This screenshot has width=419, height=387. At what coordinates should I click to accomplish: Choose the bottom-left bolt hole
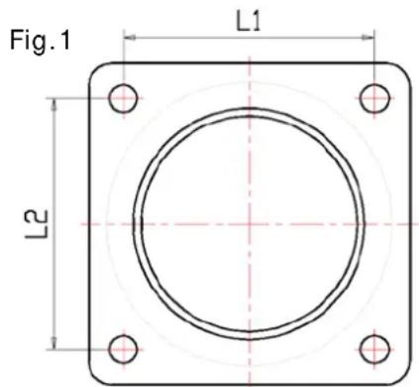tap(122, 348)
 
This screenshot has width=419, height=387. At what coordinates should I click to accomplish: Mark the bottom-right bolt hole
tap(373, 348)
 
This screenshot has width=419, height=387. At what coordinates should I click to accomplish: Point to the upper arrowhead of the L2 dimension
tap(55, 101)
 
